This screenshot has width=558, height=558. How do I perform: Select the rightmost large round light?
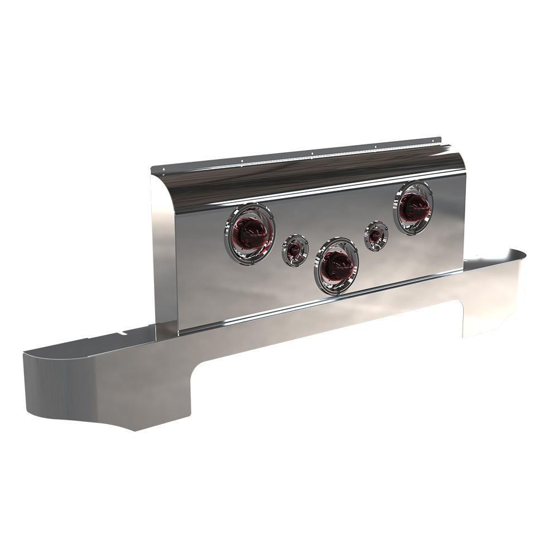coord(413,208)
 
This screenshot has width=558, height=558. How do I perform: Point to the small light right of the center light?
coord(376,235)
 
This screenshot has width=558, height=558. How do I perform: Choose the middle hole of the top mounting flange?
coord(312,153)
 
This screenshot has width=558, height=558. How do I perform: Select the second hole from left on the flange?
coord(242,161)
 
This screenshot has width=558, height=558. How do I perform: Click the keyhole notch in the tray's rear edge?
coord(121,335)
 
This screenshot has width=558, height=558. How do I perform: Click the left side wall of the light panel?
coord(165,251)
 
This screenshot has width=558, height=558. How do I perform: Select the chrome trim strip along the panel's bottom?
coord(312,305)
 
